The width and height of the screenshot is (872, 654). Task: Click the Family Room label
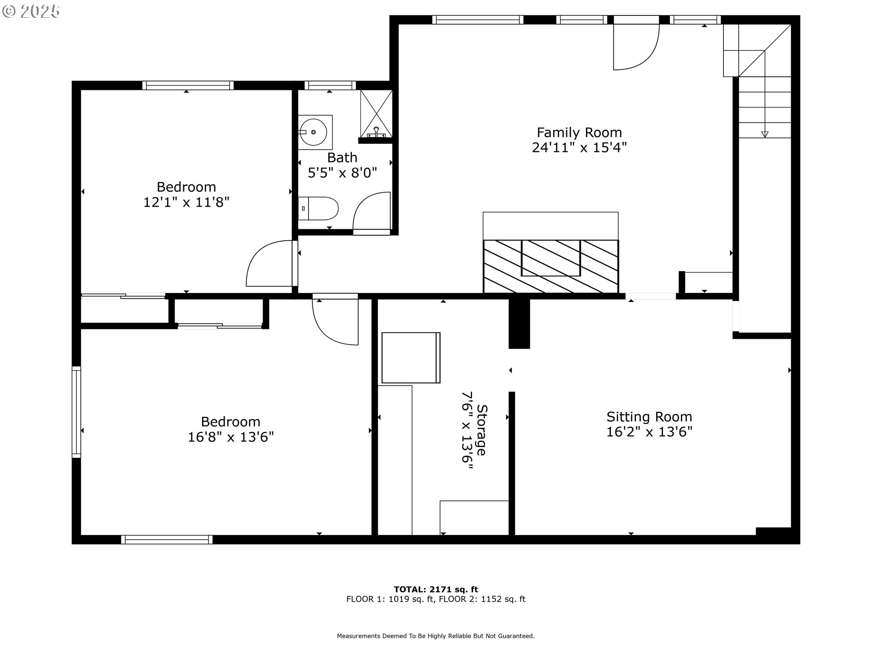pyautogui.click(x=579, y=133)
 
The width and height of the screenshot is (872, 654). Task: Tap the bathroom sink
pyautogui.click(x=314, y=132)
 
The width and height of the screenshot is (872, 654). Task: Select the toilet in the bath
pyautogui.click(x=319, y=208)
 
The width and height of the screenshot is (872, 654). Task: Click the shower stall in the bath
pyautogui.click(x=376, y=114)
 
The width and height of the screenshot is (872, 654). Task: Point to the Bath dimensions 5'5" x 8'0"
pyautogui.click(x=342, y=173)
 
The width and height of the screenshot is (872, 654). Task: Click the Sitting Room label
pyautogui.click(x=649, y=417)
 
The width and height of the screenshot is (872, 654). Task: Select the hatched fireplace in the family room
pyautogui.click(x=550, y=266)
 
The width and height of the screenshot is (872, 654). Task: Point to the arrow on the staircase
pyautogui.click(x=765, y=134)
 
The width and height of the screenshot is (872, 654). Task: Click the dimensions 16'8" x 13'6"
pyautogui.click(x=231, y=437)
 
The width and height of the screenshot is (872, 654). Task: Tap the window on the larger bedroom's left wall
pyautogui.click(x=76, y=411)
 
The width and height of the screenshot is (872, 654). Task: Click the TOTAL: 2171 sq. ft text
pyautogui.click(x=436, y=590)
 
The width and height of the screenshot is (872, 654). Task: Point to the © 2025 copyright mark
pyautogui.click(x=31, y=11)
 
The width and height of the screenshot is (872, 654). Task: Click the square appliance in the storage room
pyautogui.click(x=411, y=358)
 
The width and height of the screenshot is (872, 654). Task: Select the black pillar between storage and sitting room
pyautogui.click(x=519, y=323)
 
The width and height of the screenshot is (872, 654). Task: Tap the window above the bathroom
pyautogui.click(x=330, y=85)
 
